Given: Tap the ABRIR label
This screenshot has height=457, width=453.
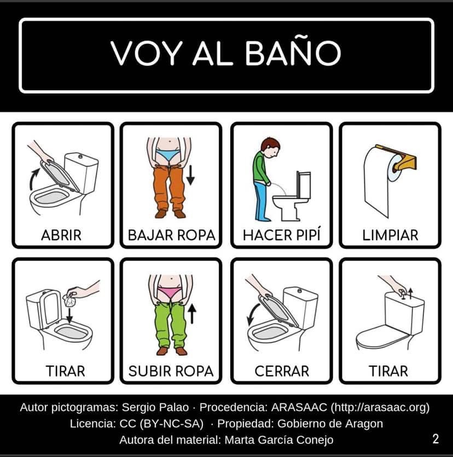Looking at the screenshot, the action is pos(61,235).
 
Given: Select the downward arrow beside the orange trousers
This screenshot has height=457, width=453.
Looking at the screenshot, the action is pos(190,175).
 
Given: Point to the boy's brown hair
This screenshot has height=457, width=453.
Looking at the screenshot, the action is pos(270,144).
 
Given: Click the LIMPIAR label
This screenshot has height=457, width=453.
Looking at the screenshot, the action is pos(390,235).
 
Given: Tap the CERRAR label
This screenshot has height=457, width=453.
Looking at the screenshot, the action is pos(282,371).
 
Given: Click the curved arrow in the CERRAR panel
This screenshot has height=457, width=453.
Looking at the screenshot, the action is pos(251,314).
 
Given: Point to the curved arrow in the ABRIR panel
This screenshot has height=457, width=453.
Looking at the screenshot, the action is pos(33,178).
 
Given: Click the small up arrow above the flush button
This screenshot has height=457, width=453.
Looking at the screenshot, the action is pos(410,293).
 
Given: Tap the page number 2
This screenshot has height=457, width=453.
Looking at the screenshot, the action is pos(435,438).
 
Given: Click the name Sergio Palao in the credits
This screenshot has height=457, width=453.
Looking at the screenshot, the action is pos(155,407).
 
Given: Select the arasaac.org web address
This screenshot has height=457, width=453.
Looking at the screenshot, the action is pos(380,407).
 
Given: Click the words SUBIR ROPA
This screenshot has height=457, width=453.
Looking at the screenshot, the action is pos(171,371).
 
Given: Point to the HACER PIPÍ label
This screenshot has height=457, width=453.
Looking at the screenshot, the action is pos(282,234).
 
